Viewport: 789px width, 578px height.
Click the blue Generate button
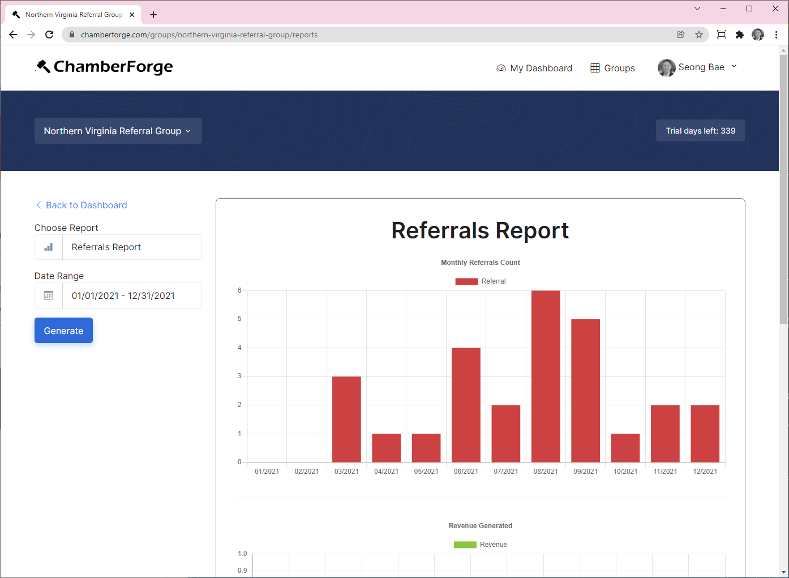[x=63, y=331]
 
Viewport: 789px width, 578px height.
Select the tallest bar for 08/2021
[x=546, y=376]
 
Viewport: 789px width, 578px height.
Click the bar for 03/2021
[x=346, y=419]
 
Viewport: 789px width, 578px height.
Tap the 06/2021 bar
[x=466, y=405]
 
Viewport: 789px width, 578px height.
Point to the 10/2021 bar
[x=625, y=448]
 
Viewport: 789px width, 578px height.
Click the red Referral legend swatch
[x=466, y=281]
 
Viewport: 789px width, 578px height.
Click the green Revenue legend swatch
[x=465, y=545]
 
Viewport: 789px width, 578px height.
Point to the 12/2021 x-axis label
[x=705, y=472]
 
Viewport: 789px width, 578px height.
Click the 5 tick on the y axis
[x=239, y=319]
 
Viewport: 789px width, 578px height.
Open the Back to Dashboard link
[x=86, y=205]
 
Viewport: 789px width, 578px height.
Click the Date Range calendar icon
[x=49, y=296]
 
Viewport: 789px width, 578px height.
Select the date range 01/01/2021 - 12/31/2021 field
[x=131, y=296]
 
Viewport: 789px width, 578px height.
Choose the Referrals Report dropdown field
[x=131, y=247]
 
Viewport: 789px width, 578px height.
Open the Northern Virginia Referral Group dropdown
[x=118, y=131]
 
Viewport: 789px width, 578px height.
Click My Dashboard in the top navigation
[x=534, y=68]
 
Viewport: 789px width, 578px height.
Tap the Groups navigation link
[x=612, y=68]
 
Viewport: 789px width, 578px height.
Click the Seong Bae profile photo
[x=666, y=67]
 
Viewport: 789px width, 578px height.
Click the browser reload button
[x=49, y=35]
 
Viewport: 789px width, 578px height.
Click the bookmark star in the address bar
[x=699, y=35]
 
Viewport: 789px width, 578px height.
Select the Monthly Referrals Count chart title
[x=480, y=263]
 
